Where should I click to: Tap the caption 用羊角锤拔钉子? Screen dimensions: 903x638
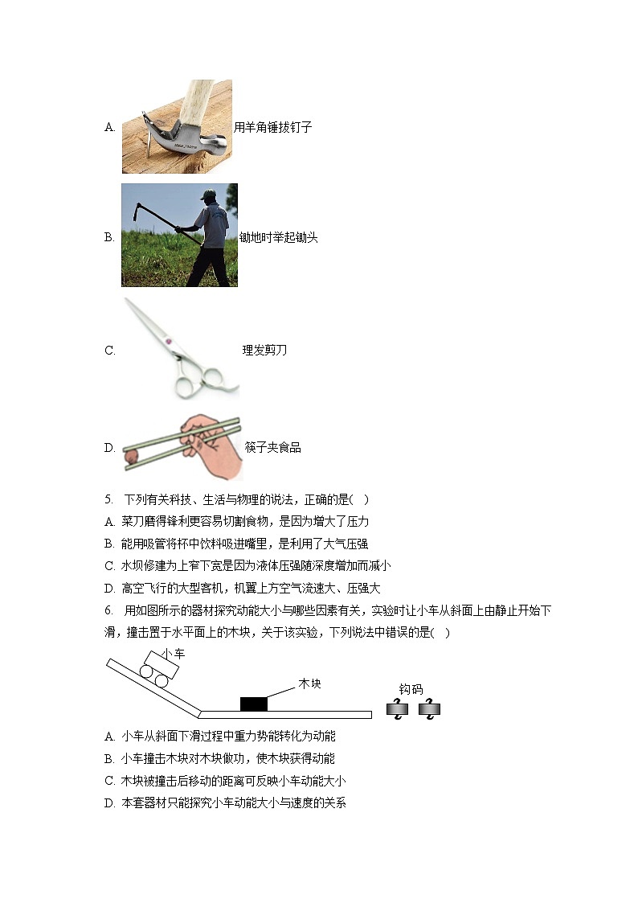(272, 127)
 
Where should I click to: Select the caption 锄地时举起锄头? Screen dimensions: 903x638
(278, 238)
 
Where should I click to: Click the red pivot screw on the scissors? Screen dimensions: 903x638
(169, 343)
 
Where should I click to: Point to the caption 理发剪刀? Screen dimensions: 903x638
(264, 350)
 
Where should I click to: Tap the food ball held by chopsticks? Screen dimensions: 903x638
(131, 456)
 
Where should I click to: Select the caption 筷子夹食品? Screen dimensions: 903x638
(272, 448)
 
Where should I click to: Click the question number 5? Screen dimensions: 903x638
(108, 499)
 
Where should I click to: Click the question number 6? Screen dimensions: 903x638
(108, 611)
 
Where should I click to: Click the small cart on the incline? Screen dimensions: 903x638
(157, 669)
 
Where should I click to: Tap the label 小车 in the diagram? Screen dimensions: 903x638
(173, 654)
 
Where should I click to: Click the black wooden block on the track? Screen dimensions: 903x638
(253, 704)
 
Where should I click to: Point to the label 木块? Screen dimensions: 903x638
(309, 683)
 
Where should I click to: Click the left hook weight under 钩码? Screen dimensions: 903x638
(397, 709)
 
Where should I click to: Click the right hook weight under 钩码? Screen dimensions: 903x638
(429, 709)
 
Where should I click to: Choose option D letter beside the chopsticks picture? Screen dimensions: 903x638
(109, 448)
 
